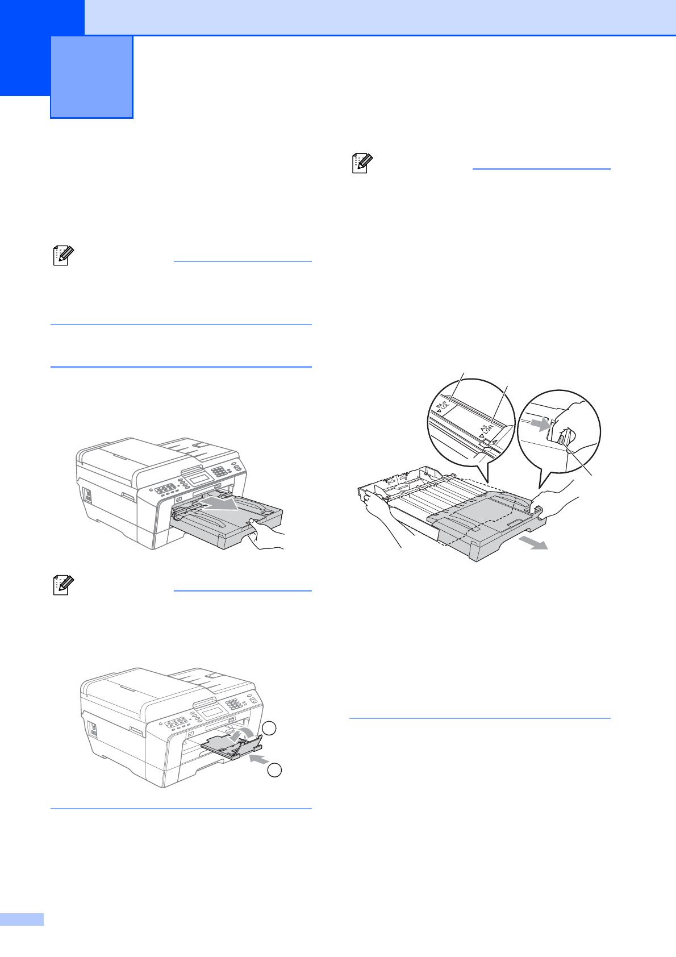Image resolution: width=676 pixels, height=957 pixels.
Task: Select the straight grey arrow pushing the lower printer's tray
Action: click(x=259, y=759)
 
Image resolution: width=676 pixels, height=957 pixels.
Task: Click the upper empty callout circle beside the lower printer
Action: click(x=271, y=729)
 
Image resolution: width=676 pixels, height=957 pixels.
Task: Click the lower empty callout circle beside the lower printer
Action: click(x=274, y=771)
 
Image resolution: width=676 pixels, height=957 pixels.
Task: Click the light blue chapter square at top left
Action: click(x=91, y=77)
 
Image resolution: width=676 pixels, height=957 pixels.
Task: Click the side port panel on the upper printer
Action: click(x=88, y=494)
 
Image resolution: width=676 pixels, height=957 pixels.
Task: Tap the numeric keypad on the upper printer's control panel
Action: click(x=219, y=472)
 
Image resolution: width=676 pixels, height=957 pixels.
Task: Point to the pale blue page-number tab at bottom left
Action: click(x=22, y=919)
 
